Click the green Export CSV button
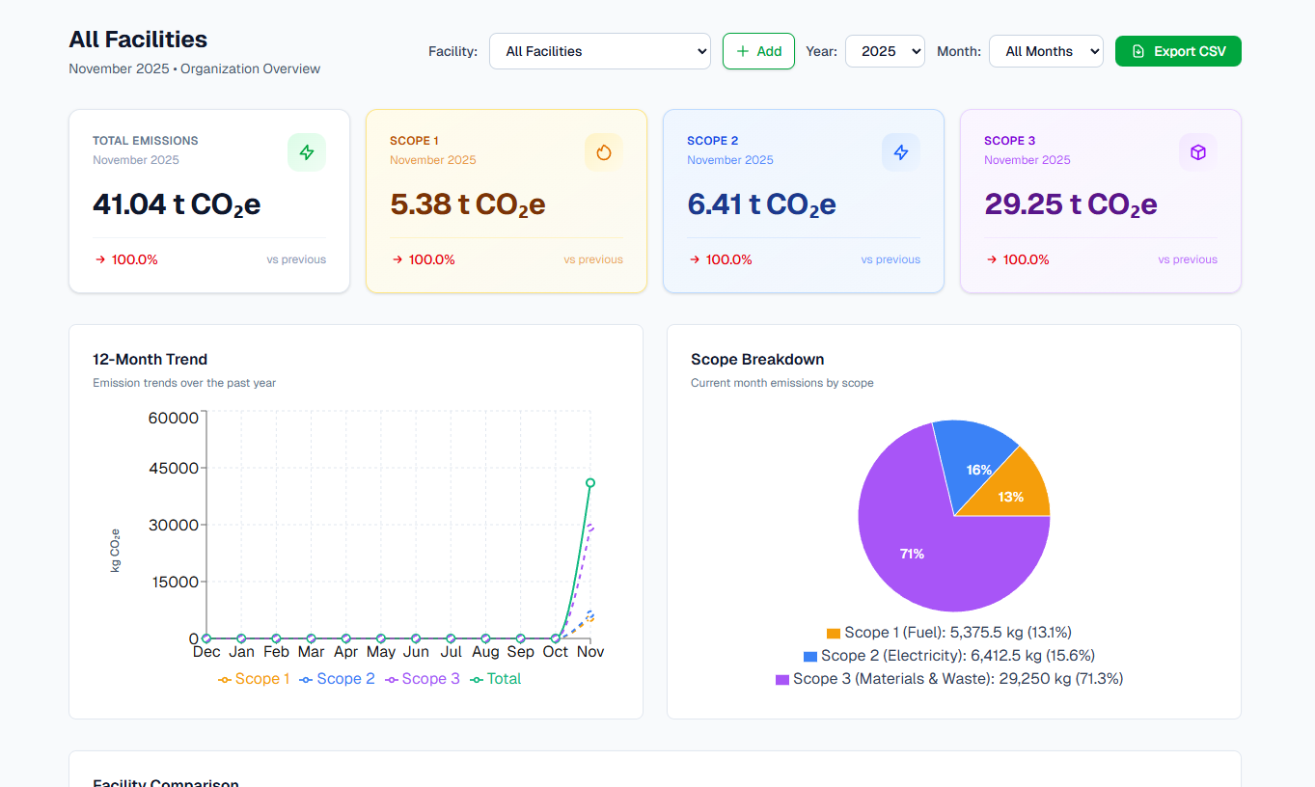pos(1178,51)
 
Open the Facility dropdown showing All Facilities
pos(599,51)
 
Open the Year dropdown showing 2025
pos(885,51)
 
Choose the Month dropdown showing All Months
pos(1046,51)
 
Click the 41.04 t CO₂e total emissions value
pos(177,204)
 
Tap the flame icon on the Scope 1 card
pos(604,152)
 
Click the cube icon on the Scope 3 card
pos(1198,152)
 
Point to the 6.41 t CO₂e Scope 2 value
pos(761,204)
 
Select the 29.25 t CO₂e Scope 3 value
pos(1070,204)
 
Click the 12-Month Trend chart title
pos(150,359)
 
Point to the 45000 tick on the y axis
pos(174,469)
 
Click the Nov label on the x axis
pos(590,652)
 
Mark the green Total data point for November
pos(590,483)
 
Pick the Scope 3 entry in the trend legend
pos(423,679)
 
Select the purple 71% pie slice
pos(912,554)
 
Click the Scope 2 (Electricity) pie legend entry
pos(949,655)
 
